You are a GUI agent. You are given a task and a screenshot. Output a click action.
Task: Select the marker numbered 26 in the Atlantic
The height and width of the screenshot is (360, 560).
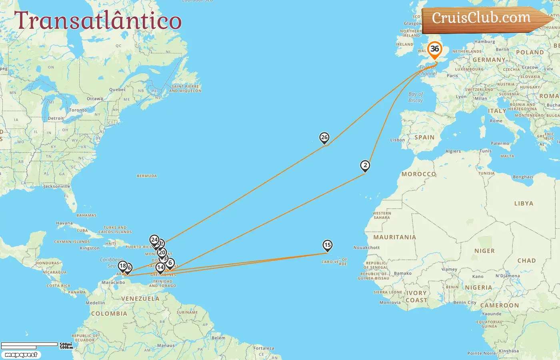[x=324, y=138]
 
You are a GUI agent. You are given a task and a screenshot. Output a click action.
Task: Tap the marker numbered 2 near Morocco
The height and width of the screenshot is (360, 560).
[x=365, y=166]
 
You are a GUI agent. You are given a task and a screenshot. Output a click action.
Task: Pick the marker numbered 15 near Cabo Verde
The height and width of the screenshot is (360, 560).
[x=327, y=245]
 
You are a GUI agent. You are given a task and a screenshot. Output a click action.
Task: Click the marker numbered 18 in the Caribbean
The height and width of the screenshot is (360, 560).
[x=123, y=266]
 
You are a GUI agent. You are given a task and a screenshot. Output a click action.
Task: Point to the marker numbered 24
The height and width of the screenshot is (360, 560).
[x=154, y=240]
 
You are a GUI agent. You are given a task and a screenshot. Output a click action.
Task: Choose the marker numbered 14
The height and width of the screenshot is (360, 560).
[x=160, y=268]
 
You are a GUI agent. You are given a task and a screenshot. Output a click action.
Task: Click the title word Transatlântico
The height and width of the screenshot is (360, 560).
[x=98, y=21]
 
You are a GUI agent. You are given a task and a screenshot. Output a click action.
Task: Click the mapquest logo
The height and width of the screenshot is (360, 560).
[x=21, y=355]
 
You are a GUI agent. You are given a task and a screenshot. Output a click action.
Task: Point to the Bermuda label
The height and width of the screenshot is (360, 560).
[x=147, y=176]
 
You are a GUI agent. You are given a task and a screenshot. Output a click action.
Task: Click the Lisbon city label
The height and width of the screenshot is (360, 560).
[x=398, y=140]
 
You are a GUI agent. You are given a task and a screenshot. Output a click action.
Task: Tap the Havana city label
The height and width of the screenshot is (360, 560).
[x=64, y=223]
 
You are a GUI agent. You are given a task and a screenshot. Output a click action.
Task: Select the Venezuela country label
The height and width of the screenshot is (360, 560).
[x=140, y=299]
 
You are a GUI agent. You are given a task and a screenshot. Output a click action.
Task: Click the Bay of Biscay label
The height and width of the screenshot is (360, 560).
[x=416, y=97]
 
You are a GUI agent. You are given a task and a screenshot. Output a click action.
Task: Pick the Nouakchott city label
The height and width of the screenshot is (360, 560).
[x=366, y=248]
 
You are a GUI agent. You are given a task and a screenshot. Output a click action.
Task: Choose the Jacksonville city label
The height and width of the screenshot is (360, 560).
[x=57, y=186]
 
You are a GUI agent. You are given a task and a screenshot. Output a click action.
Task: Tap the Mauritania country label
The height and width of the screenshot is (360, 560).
[x=394, y=237]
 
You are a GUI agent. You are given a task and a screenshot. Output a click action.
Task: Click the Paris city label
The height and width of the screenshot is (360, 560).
[x=452, y=76]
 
